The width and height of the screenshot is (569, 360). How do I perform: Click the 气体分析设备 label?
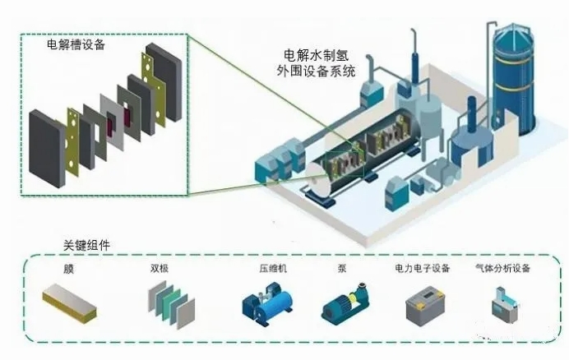(x=503, y=269)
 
